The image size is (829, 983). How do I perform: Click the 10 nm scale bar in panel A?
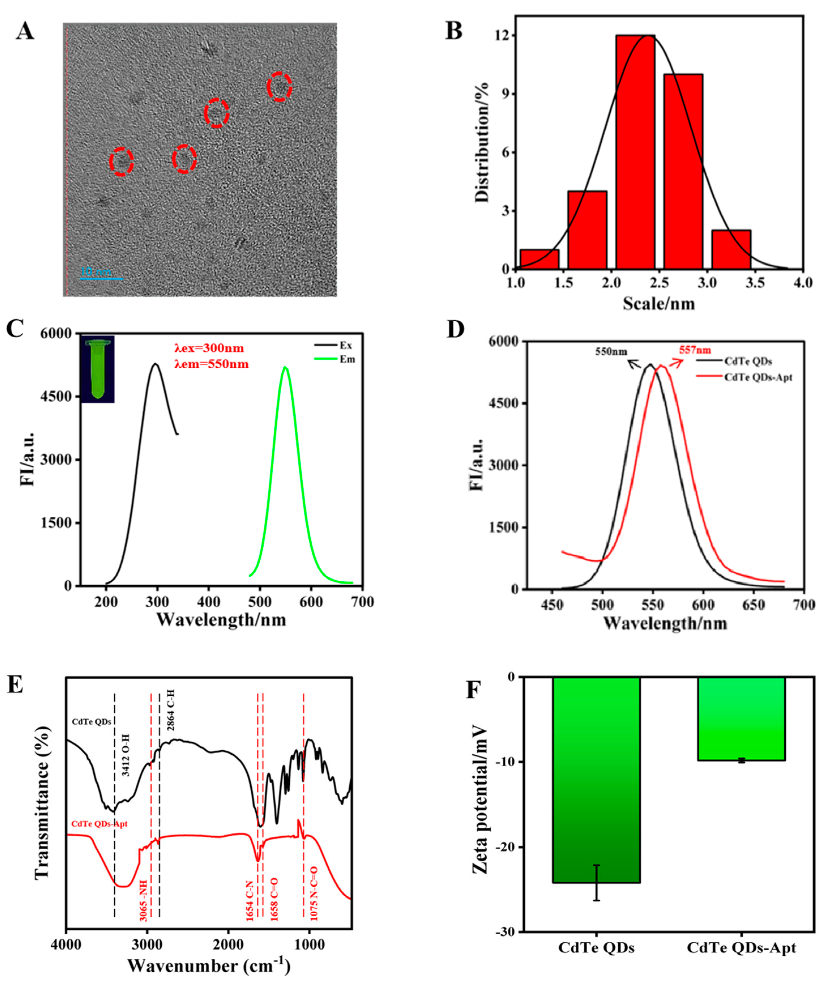[x=102, y=278]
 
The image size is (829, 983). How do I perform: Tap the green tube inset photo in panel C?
[x=98, y=369]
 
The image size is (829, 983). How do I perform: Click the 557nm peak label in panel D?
[x=695, y=350]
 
